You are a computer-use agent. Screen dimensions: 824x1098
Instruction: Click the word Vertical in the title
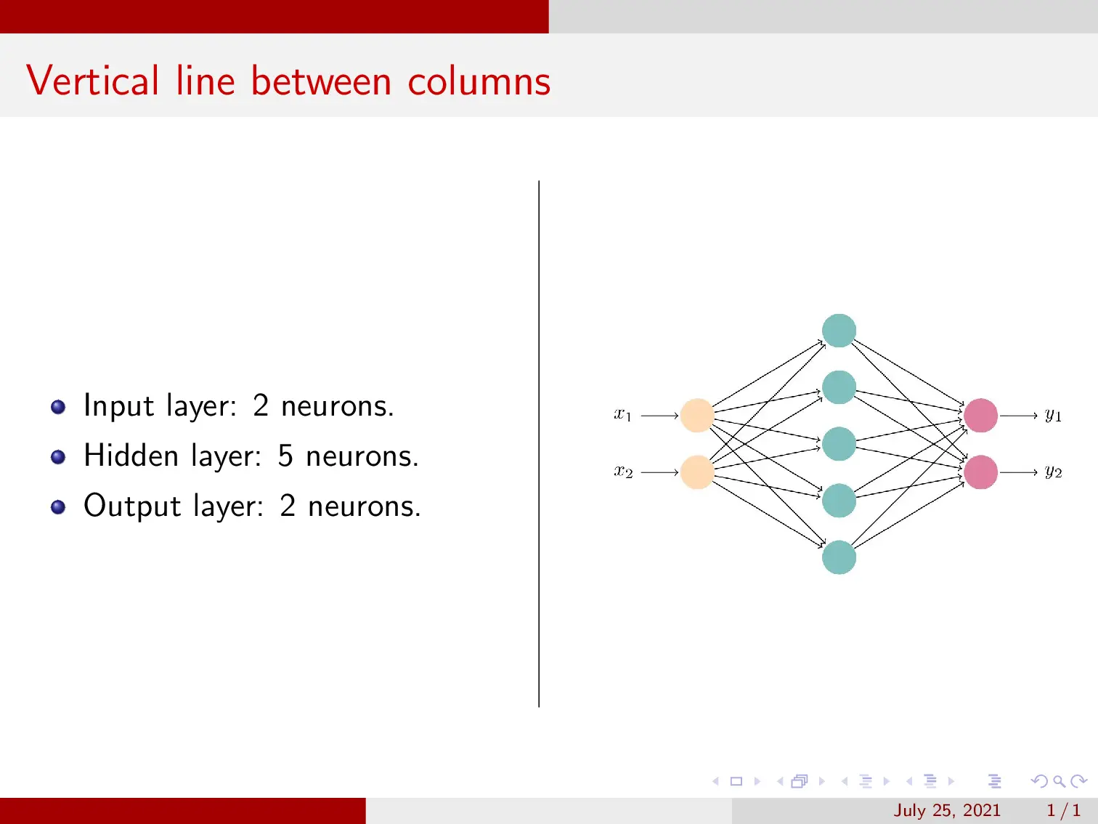[92, 81]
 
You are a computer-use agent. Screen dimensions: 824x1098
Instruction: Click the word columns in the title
[479, 81]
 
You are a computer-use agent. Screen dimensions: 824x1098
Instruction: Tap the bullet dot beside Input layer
[59, 407]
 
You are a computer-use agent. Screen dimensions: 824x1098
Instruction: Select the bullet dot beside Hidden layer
[59, 457]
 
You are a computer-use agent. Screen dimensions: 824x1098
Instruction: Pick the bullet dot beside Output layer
[59, 507]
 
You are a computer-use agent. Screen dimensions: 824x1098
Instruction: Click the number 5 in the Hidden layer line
[285, 456]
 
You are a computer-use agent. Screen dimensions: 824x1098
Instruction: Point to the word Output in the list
[131, 506]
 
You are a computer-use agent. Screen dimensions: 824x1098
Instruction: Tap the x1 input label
[623, 415]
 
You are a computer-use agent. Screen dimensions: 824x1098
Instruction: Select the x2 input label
[623, 472]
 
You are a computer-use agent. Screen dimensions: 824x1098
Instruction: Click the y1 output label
[1053, 415]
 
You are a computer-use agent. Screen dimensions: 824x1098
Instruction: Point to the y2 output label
[1053, 472]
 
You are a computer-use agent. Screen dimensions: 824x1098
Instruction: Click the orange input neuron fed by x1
[697, 416]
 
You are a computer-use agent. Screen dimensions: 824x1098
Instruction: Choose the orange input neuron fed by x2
[697, 472]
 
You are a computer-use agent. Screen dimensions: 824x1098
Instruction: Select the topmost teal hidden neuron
[839, 331]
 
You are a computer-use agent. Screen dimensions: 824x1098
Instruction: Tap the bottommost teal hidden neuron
[839, 557]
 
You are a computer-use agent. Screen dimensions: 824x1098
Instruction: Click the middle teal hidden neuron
[839, 444]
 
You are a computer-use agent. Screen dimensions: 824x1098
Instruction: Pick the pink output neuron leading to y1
[980, 416]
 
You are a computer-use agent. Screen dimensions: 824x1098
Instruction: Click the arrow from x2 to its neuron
[659, 472]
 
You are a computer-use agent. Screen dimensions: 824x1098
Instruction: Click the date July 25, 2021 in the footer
[946, 810]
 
